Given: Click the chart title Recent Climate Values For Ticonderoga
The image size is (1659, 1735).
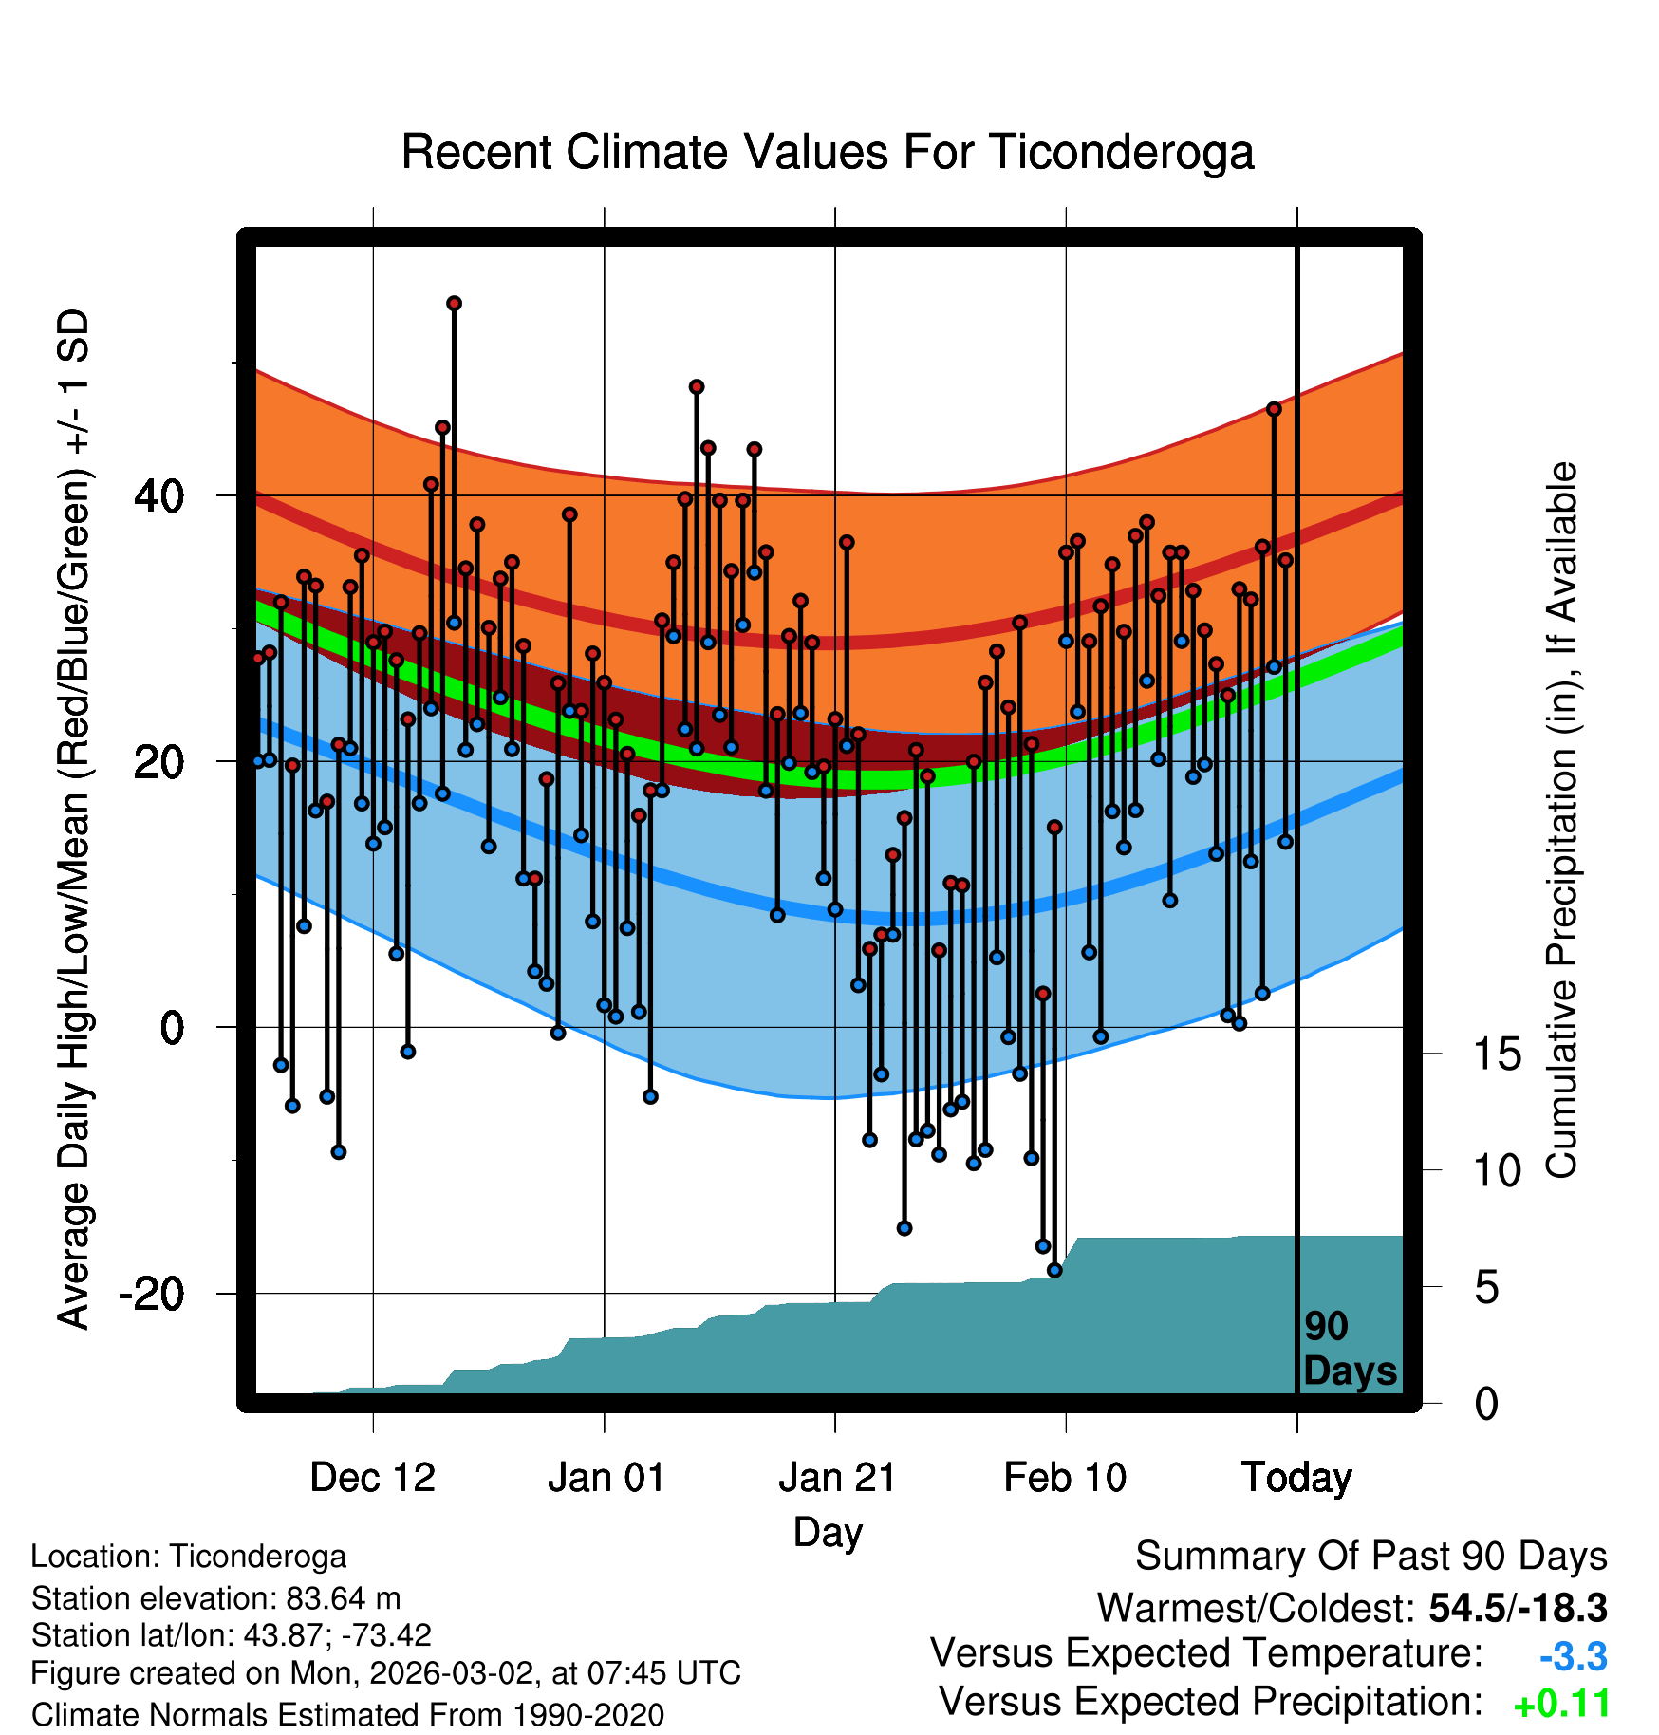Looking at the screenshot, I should (828, 152).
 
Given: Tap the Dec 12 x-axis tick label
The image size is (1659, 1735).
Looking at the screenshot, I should (372, 1478).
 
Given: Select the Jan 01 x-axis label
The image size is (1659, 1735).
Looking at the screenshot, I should (606, 1478).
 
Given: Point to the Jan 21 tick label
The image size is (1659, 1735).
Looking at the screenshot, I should (837, 1478).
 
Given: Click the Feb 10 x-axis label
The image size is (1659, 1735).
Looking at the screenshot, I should (1065, 1478).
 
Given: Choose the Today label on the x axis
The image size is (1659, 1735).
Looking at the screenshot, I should (1296, 1478).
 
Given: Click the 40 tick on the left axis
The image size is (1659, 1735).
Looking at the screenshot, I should (159, 495).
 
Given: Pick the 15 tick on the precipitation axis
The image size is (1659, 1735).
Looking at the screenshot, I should (1497, 1054).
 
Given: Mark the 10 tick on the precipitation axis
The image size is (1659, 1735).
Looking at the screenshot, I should (1497, 1171).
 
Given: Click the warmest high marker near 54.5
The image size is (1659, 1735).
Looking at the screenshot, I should (454, 304).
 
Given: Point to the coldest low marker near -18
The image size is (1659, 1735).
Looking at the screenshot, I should (1054, 1270).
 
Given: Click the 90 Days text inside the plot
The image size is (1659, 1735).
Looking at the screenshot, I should (1350, 1349).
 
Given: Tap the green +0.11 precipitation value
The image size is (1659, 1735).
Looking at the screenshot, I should (1561, 1705).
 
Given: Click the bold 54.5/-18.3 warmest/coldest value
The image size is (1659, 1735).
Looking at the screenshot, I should (1518, 1608).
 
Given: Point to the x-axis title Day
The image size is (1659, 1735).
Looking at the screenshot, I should (828, 1532).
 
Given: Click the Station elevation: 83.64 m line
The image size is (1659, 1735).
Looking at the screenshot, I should (215, 1598).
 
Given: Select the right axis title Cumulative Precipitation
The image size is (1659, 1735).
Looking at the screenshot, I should (1561, 821).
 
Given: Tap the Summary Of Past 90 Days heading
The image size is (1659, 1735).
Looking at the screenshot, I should (1370, 1557).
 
